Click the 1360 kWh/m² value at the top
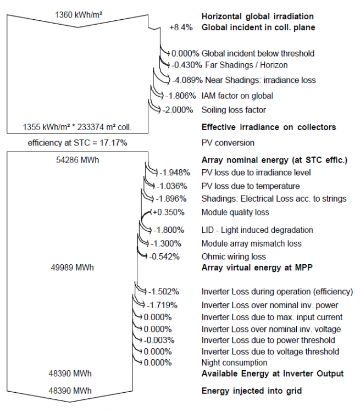click(x=77, y=14)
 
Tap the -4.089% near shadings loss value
click(x=190, y=80)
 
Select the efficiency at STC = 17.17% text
click(x=77, y=143)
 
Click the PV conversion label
click(x=228, y=143)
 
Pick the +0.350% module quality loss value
click(x=168, y=212)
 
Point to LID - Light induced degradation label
click(x=257, y=230)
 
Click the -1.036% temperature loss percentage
click(x=173, y=186)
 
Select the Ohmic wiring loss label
click(x=234, y=257)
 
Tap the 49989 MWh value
click(x=71, y=267)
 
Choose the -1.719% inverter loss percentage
click(x=163, y=304)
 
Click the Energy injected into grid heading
click(x=252, y=391)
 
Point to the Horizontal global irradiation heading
click(x=258, y=16)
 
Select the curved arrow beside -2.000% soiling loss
click(x=154, y=107)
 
